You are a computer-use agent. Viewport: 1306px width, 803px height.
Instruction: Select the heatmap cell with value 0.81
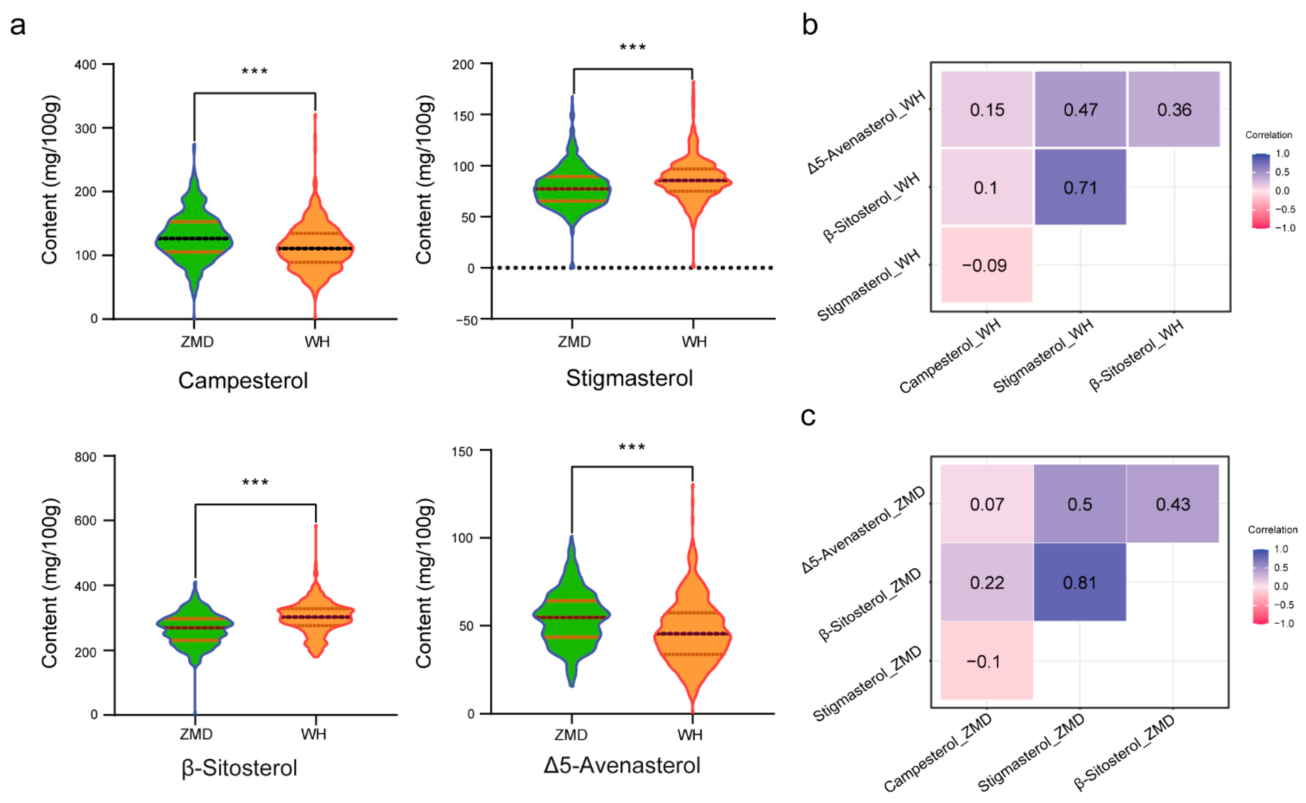[x=1079, y=583]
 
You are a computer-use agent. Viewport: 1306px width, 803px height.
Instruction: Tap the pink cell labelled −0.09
[x=986, y=265]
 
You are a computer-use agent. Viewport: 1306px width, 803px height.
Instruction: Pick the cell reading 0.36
[x=1174, y=110]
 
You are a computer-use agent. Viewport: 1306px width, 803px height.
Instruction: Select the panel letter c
[x=808, y=417]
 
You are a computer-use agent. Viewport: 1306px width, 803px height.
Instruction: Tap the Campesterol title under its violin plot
[x=242, y=380]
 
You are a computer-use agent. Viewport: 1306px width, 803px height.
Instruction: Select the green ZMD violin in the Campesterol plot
[x=194, y=239]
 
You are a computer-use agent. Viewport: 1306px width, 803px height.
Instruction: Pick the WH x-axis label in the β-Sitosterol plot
[x=314, y=735]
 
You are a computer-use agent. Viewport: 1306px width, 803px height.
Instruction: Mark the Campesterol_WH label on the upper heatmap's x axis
[x=950, y=356]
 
